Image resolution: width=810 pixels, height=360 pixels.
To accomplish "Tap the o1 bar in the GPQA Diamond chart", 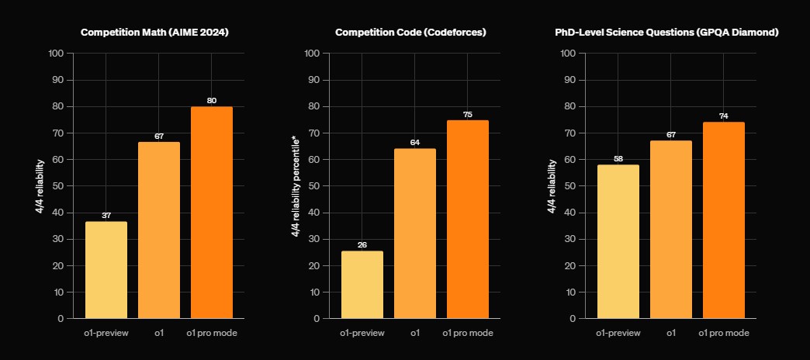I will coord(671,229).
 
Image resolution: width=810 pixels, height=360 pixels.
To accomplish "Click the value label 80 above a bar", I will coord(212,100).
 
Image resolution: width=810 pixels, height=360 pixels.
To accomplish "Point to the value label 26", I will coord(362,245).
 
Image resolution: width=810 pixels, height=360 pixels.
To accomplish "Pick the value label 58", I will coord(618,158).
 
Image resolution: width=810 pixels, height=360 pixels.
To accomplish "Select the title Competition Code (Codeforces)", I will coord(410,33).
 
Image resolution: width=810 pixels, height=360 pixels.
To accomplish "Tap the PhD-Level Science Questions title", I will coord(666,33).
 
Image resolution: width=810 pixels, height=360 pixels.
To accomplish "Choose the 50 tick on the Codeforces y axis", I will coord(312,186).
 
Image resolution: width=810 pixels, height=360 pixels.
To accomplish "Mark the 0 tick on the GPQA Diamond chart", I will coord(572,318).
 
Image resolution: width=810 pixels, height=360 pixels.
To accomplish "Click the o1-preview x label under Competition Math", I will coord(106,333).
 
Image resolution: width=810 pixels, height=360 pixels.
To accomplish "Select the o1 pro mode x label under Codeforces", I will coord(468,333).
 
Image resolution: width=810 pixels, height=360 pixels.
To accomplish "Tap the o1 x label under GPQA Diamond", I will coord(671,333).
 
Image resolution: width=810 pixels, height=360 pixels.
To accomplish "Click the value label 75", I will coord(468,114).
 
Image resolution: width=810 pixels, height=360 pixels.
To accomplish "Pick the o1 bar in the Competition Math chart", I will coord(159,230).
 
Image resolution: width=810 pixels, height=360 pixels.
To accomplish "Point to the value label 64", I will coord(415,142).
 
